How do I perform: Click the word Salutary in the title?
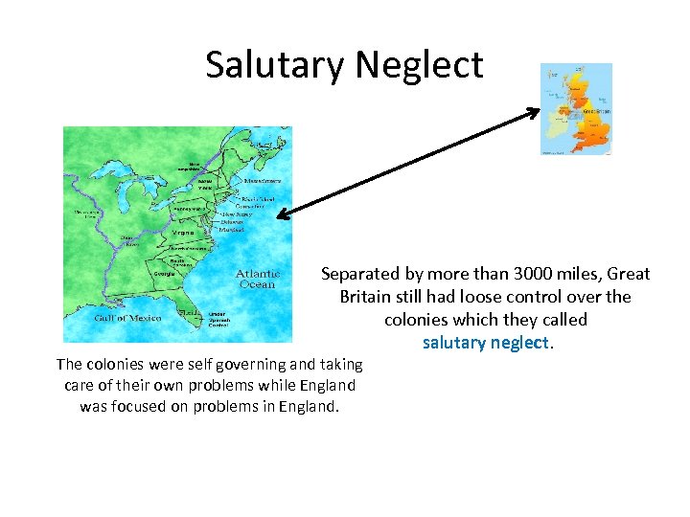[x=275, y=65]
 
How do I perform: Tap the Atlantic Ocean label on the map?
[x=258, y=279]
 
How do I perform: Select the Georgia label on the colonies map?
[x=164, y=274]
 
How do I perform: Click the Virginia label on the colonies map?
[x=182, y=233]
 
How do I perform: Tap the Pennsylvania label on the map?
[x=188, y=209]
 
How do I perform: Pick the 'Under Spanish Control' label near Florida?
[x=218, y=319]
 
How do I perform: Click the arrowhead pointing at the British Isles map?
[x=533, y=113]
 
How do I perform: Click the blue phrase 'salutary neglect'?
[x=486, y=342]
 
